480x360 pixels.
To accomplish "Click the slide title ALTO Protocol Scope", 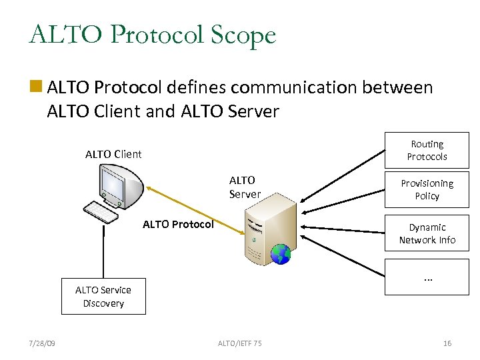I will (152, 34).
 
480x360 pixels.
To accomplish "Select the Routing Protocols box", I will (427, 150).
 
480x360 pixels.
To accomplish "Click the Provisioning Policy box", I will (427, 189).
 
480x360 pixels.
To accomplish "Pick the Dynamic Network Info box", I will (427, 233).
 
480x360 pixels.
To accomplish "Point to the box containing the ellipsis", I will (427, 277).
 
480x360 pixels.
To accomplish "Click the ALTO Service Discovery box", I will (103, 296).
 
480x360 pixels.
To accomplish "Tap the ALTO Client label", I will (113, 154).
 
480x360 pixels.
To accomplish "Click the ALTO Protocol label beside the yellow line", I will (178, 224).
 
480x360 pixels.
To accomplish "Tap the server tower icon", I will (267, 230).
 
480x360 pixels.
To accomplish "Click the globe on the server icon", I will (281, 254).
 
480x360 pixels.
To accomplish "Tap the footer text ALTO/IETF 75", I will (240, 343).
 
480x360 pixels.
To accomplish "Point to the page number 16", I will (447, 343).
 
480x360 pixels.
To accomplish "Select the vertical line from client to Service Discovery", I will (103, 250).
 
